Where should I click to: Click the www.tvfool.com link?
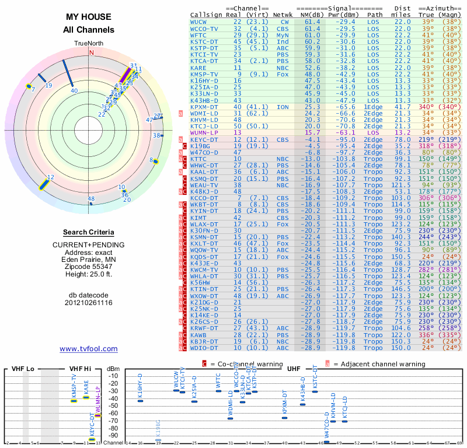[88, 349]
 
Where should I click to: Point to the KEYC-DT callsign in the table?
[204, 139]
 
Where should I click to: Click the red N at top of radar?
[90, 52]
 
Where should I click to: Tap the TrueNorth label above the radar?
[90, 44]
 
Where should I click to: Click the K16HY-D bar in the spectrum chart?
[140, 400]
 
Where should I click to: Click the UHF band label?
[294, 369]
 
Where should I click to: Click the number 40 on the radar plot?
[74, 90]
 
